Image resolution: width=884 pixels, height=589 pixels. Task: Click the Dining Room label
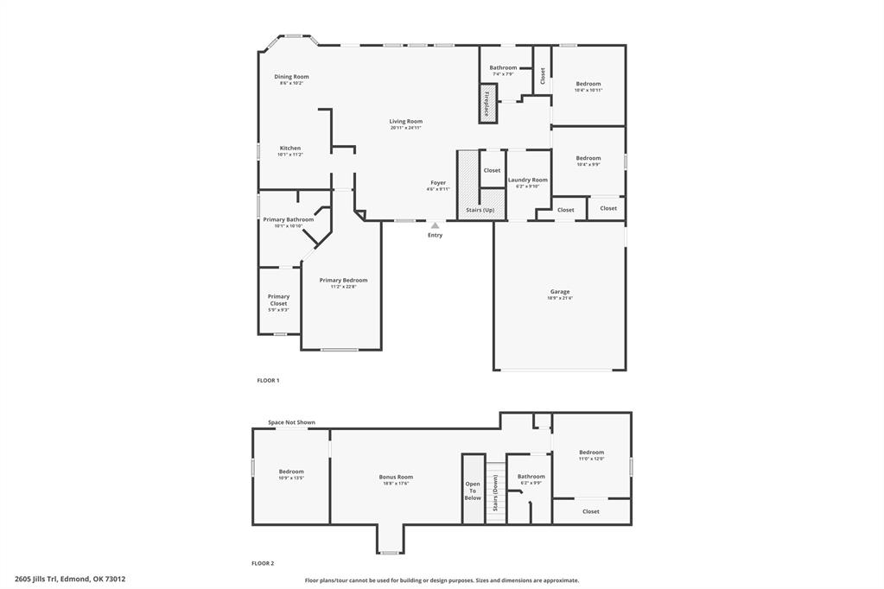click(x=291, y=77)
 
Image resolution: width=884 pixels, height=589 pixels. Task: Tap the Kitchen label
click(x=289, y=149)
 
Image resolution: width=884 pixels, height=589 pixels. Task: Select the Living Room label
click(x=405, y=122)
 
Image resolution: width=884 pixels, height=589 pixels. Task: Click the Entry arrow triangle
click(x=435, y=225)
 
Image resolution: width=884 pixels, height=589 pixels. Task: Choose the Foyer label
click(x=438, y=183)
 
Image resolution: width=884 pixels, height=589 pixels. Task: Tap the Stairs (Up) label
click(x=480, y=210)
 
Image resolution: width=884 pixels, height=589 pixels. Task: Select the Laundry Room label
click(x=527, y=180)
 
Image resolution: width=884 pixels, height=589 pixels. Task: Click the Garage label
click(x=559, y=292)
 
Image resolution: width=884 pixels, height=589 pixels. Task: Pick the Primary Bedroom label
click(x=343, y=280)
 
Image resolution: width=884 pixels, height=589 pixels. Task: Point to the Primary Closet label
click(x=278, y=300)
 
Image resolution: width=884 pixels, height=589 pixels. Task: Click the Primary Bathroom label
click(x=288, y=219)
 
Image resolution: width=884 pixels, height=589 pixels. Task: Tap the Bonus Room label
click(x=396, y=477)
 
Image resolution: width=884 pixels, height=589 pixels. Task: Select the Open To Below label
click(x=473, y=491)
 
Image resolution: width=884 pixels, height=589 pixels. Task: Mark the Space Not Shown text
click(x=291, y=422)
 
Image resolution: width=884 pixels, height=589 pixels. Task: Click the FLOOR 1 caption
click(x=268, y=380)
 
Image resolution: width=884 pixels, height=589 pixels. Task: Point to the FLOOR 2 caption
click(x=263, y=563)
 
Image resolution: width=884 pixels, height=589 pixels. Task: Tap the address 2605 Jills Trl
click(x=70, y=579)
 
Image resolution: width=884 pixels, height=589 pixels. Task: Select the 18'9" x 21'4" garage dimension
click(x=559, y=298)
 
